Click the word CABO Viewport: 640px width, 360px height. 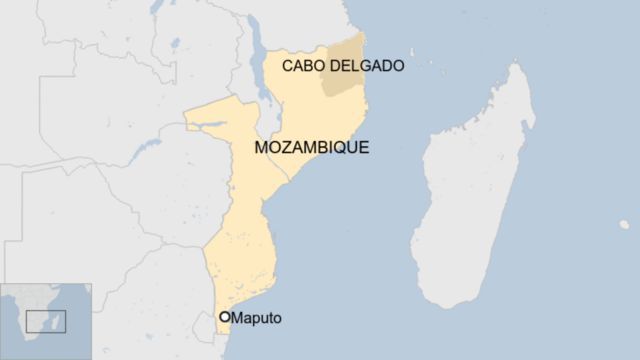tap(302, 66)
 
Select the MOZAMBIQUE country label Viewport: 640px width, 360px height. tap(311, 148)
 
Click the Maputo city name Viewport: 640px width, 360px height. tap(257, 318)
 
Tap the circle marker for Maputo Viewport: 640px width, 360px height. tap(225, 317)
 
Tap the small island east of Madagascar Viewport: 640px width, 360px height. tap(624, 225)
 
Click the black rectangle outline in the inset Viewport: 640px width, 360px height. tap(46, 321)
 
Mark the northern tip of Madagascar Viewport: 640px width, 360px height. tap(519, 67)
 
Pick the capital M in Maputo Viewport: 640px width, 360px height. tap(238, 318)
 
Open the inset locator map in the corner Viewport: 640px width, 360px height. tap(46, 321)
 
